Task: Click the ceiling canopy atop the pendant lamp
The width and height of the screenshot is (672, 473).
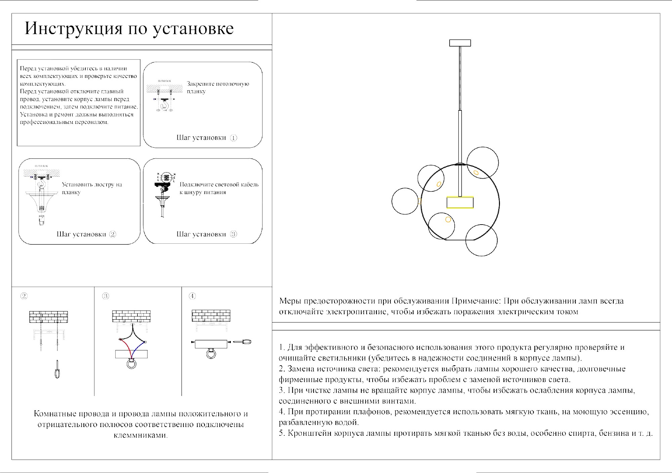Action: [460, 43]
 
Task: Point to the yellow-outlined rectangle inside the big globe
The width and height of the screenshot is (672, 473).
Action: [460, 203]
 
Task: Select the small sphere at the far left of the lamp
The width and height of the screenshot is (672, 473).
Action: [405, 201]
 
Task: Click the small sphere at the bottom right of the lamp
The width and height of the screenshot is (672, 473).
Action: [481, 240]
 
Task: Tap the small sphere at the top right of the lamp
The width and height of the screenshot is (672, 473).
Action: [483, 162]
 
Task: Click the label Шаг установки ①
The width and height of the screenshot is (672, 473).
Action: [207, 138]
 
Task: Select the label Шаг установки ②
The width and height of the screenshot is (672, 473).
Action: [86, 234]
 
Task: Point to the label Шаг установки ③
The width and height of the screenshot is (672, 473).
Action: [207, 234]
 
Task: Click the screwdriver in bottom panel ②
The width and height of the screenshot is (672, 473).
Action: [57, 370]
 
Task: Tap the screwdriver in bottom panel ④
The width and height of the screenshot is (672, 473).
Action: [242, 342]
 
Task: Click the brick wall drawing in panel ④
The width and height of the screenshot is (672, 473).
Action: [211, 316]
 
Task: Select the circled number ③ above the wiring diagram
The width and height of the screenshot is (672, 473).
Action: [106, 296]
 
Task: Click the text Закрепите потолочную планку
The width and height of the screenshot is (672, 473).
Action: [218, 87]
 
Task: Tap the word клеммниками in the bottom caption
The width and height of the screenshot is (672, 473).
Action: [140, 435]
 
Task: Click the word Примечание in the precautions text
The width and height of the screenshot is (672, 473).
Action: [476, 301]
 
